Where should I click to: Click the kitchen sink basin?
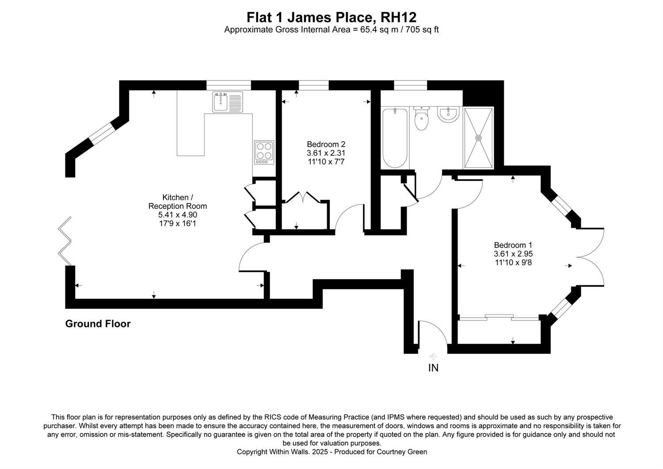[220, 102]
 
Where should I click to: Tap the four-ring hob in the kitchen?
[264, 152]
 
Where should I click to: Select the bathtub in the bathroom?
[395, 138]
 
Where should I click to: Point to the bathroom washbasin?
[449, 114]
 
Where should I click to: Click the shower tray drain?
[478, 138]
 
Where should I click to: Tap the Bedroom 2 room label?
[326, 144]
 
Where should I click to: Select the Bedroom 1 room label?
[513, 245]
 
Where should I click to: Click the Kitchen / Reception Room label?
[178, 201]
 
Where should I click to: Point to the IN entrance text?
[433, 368]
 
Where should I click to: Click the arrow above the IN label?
[433, 356]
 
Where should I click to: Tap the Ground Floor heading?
[98, 324]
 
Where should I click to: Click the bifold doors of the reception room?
[65, 241]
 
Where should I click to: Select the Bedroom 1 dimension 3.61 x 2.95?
[513, 254]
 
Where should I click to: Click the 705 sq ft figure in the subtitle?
[422, 30]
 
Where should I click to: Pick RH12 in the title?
[398, 17]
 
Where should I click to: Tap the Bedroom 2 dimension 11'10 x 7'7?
[326, 162]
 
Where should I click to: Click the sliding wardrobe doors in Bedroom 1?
[499, 317]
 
